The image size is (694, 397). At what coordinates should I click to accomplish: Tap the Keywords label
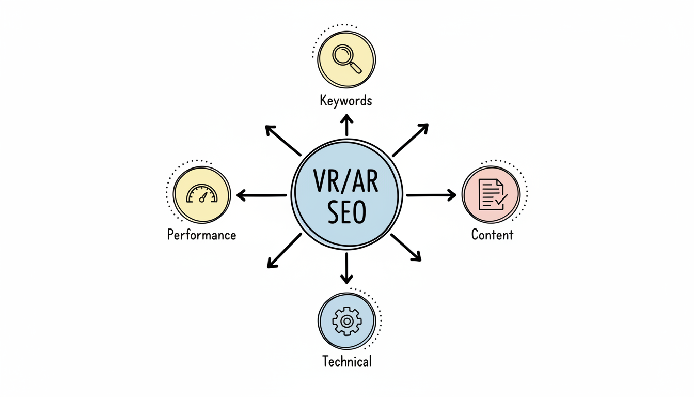pos(346,100)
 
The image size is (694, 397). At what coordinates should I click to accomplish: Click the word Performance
pos(202,235)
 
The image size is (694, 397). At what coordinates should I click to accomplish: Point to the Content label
pos(493,235)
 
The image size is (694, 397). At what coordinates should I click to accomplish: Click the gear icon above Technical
pos(347,322)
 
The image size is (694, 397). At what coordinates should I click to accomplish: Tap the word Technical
pos(347,361)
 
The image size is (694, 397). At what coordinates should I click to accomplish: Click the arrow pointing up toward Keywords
pos(347,126)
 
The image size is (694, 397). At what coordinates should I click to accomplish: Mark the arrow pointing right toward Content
pos(431,195)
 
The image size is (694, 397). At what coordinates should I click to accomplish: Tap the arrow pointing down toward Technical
pos(347,268)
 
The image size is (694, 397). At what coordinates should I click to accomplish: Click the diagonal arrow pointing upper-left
pos(283,140)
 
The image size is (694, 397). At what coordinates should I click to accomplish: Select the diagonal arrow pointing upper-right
pos(411,140)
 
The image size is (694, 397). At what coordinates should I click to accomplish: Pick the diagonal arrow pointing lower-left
pos(284,251)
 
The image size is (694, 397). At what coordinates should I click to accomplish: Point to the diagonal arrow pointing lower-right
pos(406,247)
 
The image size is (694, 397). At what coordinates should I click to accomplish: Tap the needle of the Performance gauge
pos(203,197)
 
